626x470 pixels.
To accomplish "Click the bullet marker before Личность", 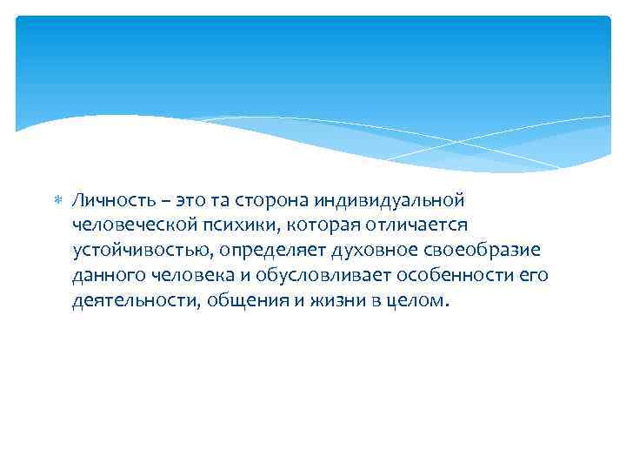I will click(x=58, y=201).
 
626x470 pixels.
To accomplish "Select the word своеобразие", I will click(x=483, y=251).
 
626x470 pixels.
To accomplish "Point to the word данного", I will click(x=108, y=276).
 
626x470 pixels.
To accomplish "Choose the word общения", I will click(x=236, y=301).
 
